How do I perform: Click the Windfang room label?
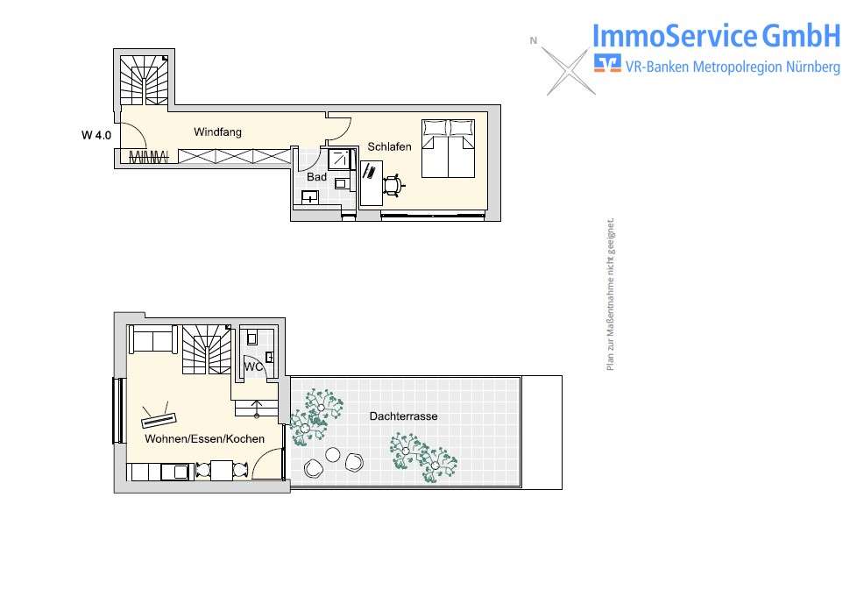pos(217,132)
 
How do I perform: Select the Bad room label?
pos(316,177)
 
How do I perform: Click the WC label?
pos(254,366)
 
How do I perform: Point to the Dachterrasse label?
pos(403,416)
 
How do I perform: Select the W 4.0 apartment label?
pos(96,135)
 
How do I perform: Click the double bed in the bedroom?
pos(449,147)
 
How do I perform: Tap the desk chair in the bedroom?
pos(393,184)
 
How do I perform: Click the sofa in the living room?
pos(153,339)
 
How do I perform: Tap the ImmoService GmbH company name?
pos(716,36)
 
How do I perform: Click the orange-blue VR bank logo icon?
pos(606,63)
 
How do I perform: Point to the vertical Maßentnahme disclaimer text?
pos(611,295)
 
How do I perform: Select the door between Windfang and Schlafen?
pos(339,129)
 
